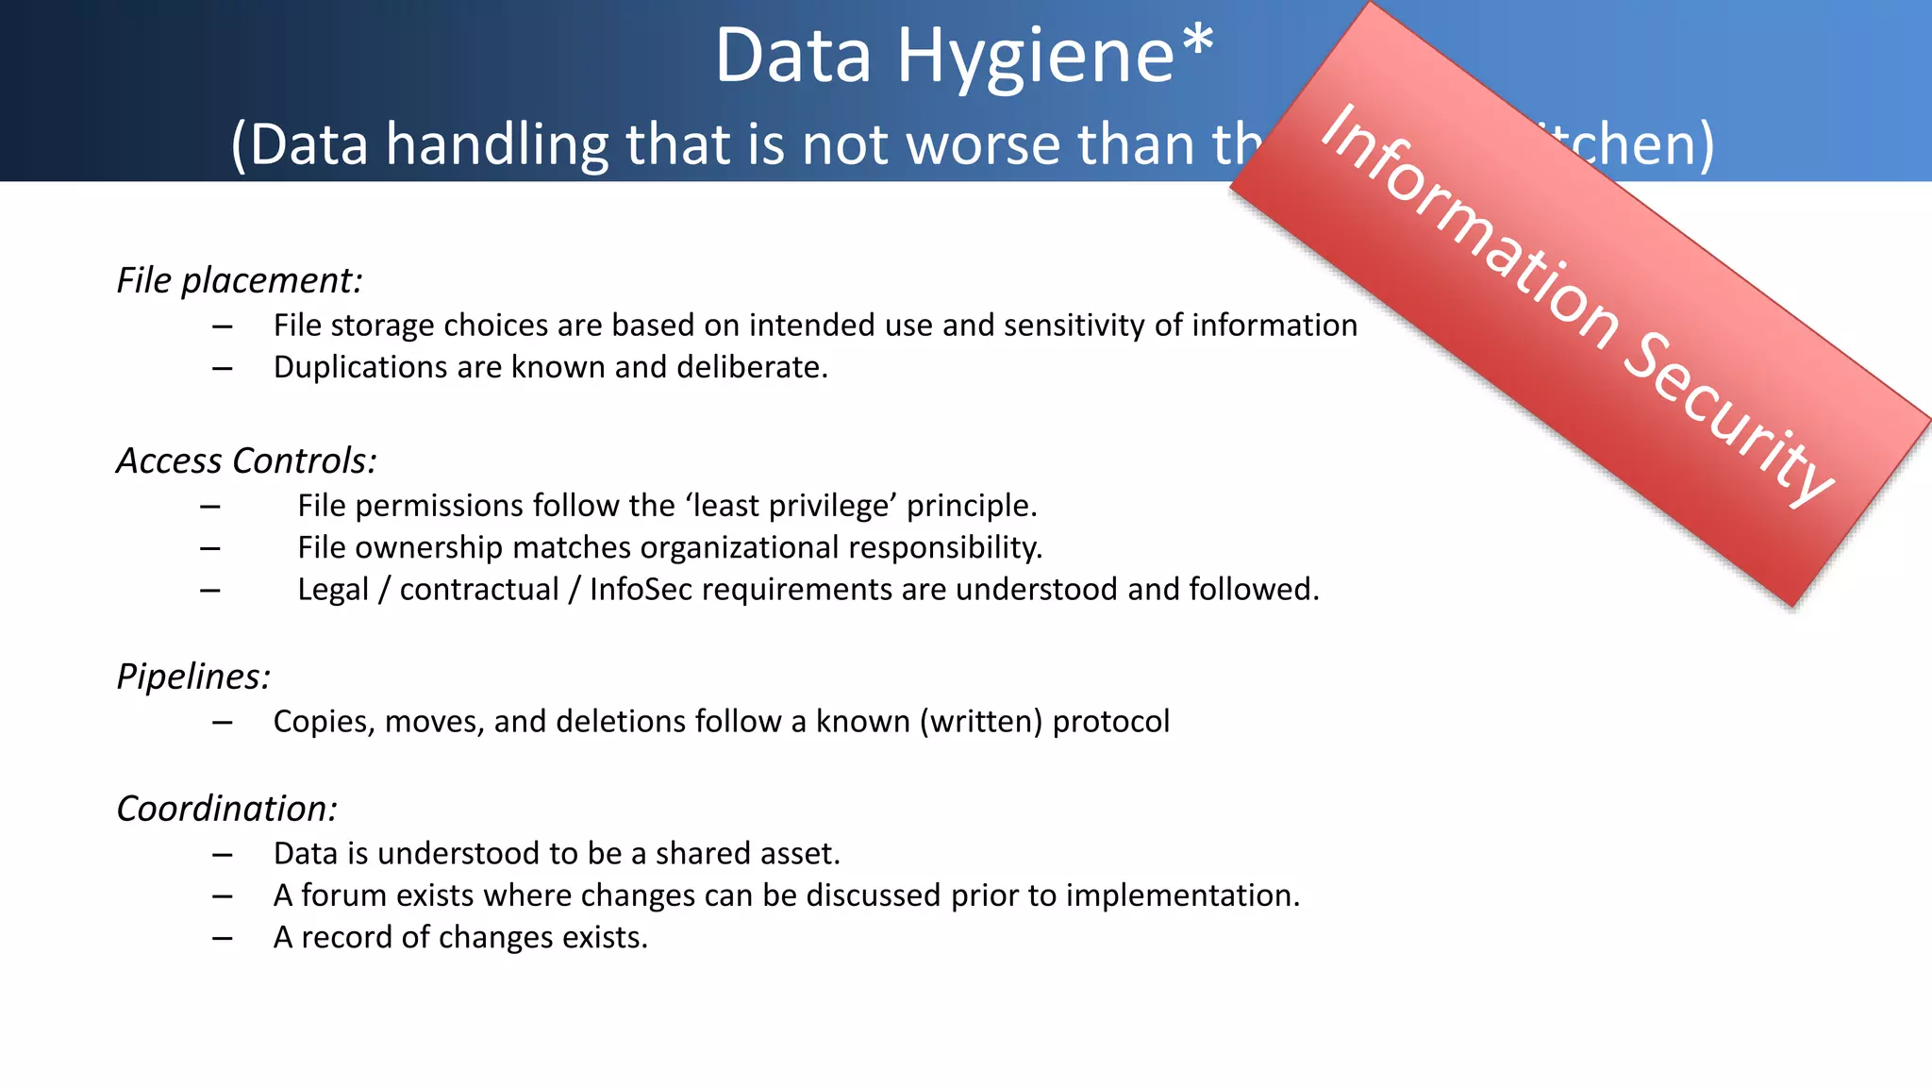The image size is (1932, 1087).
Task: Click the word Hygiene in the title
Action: pyautogui.click(x=1035, y=57)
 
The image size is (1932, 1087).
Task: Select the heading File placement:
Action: pyautogui.click(x=239, y=281)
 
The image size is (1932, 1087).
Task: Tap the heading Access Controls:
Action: pyautogui.click(x=246, y=460)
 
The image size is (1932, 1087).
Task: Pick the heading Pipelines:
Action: pyautogui.click(x=193, y=677)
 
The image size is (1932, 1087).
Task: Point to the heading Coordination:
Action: pyautogui.click(x=226, y=809)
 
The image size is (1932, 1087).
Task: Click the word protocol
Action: pyautogui.click(x=1110, y=722)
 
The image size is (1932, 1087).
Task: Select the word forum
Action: pyautogui.click(x=343, y=895)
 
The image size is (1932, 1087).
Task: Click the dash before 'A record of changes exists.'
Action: pyautogui.click(x=223, y=938)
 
